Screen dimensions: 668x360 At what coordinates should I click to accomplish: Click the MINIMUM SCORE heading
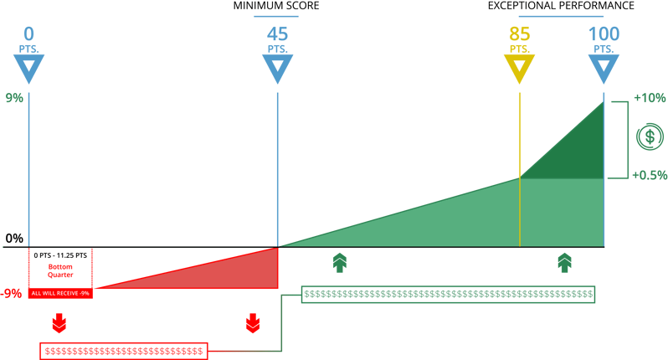(x=276, y=6)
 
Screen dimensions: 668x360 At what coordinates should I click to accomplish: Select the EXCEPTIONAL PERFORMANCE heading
(x=561, y=6)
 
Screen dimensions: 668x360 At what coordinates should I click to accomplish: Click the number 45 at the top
(x=277, y=34)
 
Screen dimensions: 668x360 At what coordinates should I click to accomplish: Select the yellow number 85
(x=519, y=34)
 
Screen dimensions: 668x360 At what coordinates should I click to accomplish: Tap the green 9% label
(x=14, y=98)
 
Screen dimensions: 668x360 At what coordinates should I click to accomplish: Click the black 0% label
(x=14, y=238)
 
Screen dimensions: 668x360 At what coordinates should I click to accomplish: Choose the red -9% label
(x=11, y=294)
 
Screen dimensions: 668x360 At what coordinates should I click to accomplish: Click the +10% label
(x=650, y=98)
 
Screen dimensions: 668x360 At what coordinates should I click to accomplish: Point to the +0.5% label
(x=650, y=175)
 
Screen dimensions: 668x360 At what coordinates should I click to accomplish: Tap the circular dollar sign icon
(x=650, y=136)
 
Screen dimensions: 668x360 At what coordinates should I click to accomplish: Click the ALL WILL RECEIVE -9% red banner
(x=60, y=293)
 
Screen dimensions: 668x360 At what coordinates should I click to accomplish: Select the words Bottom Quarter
(x=60, y=271)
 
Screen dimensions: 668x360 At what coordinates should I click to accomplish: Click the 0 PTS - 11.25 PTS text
(x=60, y=255)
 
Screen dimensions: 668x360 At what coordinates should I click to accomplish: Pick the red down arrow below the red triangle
(x=253, y=323)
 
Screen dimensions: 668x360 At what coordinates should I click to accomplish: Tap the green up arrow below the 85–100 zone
(x=564, y=262)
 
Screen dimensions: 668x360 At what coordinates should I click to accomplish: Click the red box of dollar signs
(x=124, y=351)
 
